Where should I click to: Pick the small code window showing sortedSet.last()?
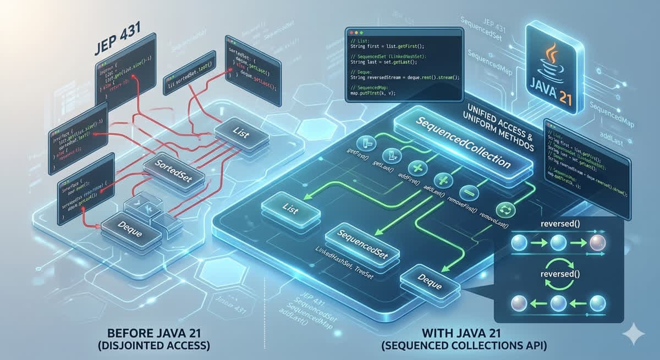click(190, 82)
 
